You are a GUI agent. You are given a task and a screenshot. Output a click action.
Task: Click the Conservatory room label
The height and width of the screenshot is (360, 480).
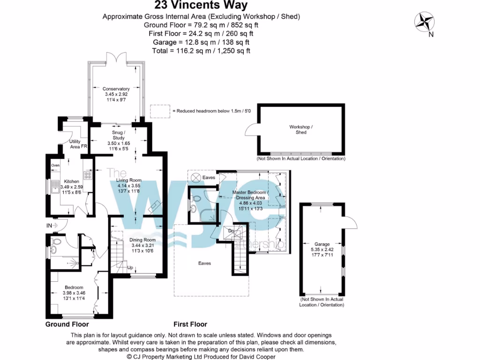tap(116, 94)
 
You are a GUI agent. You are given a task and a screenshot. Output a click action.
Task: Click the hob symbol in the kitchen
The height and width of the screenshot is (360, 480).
tap(87, 175)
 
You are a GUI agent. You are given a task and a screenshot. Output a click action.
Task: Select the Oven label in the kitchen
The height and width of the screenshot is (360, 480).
tap(55, 165)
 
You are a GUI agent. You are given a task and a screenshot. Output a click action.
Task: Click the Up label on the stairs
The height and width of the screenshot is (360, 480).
tap(131, 268)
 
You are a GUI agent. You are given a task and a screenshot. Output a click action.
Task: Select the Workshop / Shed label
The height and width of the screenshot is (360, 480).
tap(301, 129)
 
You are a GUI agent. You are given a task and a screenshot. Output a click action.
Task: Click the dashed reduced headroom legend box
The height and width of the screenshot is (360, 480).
tap(159, 111)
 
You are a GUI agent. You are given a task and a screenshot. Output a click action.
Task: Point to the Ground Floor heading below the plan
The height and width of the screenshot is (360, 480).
tap(67, 324)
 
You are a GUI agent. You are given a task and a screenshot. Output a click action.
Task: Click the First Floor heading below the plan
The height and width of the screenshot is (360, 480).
tap(190, 324)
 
